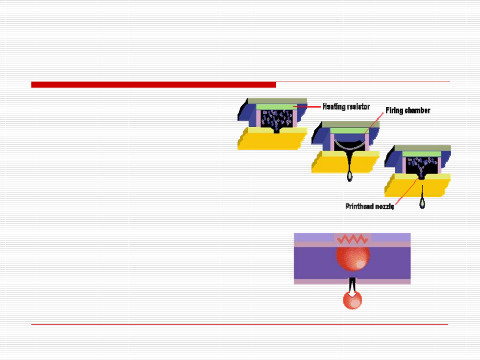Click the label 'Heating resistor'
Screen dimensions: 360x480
pos(346,107)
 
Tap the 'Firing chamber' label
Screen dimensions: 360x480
pos(408,111)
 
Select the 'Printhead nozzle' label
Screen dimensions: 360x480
pos(369,207)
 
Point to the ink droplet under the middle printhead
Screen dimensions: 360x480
pos(350,175)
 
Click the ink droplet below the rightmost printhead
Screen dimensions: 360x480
pos(422,203)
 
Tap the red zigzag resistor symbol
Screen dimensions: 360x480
pos(353,239)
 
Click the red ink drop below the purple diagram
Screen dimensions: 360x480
pos(352,300)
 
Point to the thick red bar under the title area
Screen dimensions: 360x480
pos(154,85)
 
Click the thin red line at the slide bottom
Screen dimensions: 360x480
pos(239,324)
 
